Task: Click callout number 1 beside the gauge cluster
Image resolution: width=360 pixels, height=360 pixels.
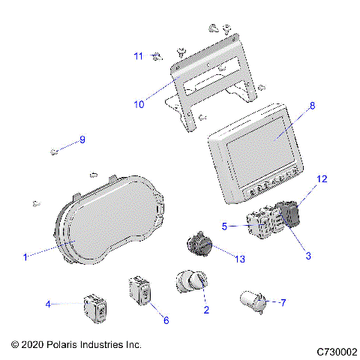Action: tap(25, 256)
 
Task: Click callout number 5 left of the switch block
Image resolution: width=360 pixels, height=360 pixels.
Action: tap(223, 225)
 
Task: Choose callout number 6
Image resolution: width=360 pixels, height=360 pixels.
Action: tap(166, 320)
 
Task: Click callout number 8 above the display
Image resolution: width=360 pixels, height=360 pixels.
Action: tap(313, 106)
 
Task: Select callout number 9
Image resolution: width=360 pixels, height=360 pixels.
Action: tap(82, 139)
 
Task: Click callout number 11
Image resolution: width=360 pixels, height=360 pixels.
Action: tap(138, 56)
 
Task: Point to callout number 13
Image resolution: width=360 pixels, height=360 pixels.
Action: tap(240, 259)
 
